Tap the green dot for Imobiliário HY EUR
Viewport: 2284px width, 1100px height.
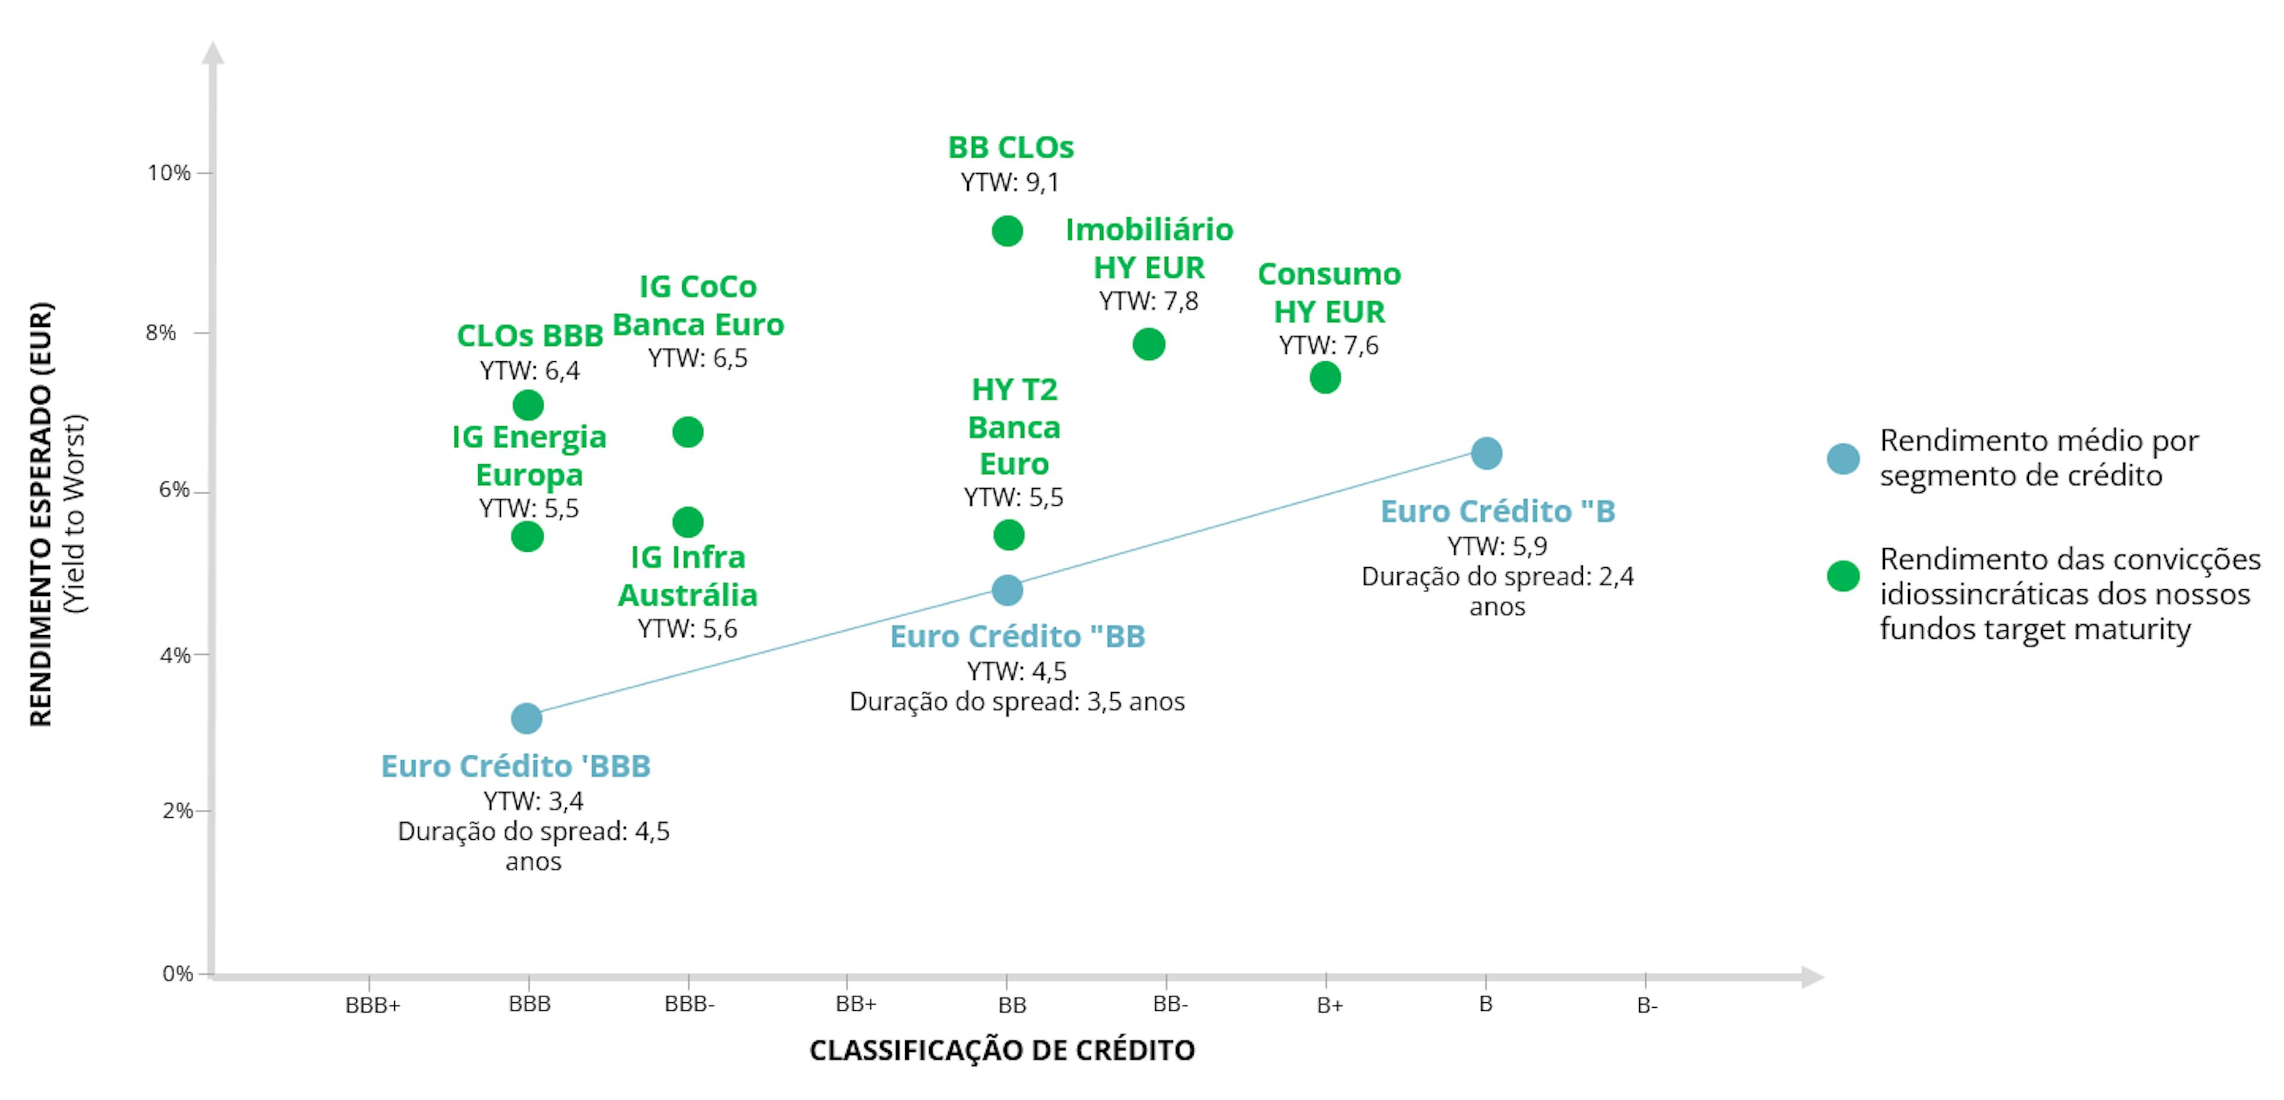pos(1148,344)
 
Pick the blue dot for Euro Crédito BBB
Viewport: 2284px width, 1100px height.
pos(526,718)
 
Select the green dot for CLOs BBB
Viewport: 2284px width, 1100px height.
pos(528,405)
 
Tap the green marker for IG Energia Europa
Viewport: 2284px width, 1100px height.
pos(528,537)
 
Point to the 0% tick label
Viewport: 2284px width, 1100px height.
pos(177,974)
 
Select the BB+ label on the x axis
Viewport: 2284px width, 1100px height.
pos(856,1004)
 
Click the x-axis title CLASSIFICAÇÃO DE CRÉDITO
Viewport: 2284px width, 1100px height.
pos(1002,1051)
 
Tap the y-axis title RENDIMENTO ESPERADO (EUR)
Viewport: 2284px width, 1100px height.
pos(42,514)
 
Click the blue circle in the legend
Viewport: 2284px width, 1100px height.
pos(1843,458)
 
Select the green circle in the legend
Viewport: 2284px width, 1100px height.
pos(1843,576)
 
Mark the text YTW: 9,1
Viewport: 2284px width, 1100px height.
pos(1010,183)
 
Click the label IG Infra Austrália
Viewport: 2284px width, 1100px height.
pos(688,576)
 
